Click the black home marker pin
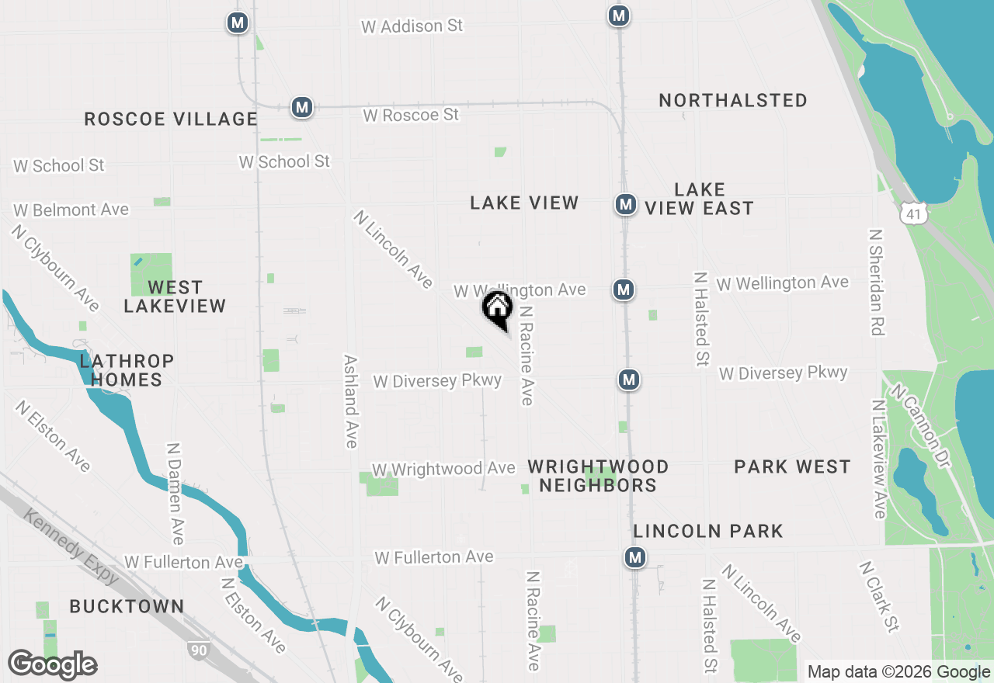(498, 307)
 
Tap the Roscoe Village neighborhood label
(171, 119)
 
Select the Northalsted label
(733, 100)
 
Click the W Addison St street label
(412, 26)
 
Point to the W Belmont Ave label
(71, 210)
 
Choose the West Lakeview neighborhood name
(175, 296)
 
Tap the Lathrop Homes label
(127, 370)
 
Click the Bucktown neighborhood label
(127, 606)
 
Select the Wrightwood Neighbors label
(598, 476)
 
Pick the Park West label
(792, 466)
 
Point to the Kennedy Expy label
(71, 546)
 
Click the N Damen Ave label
(176, 494)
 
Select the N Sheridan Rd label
(876, 282)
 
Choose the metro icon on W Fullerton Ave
(636, 557)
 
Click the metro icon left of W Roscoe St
(302, 107)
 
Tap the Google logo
(52, 664)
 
